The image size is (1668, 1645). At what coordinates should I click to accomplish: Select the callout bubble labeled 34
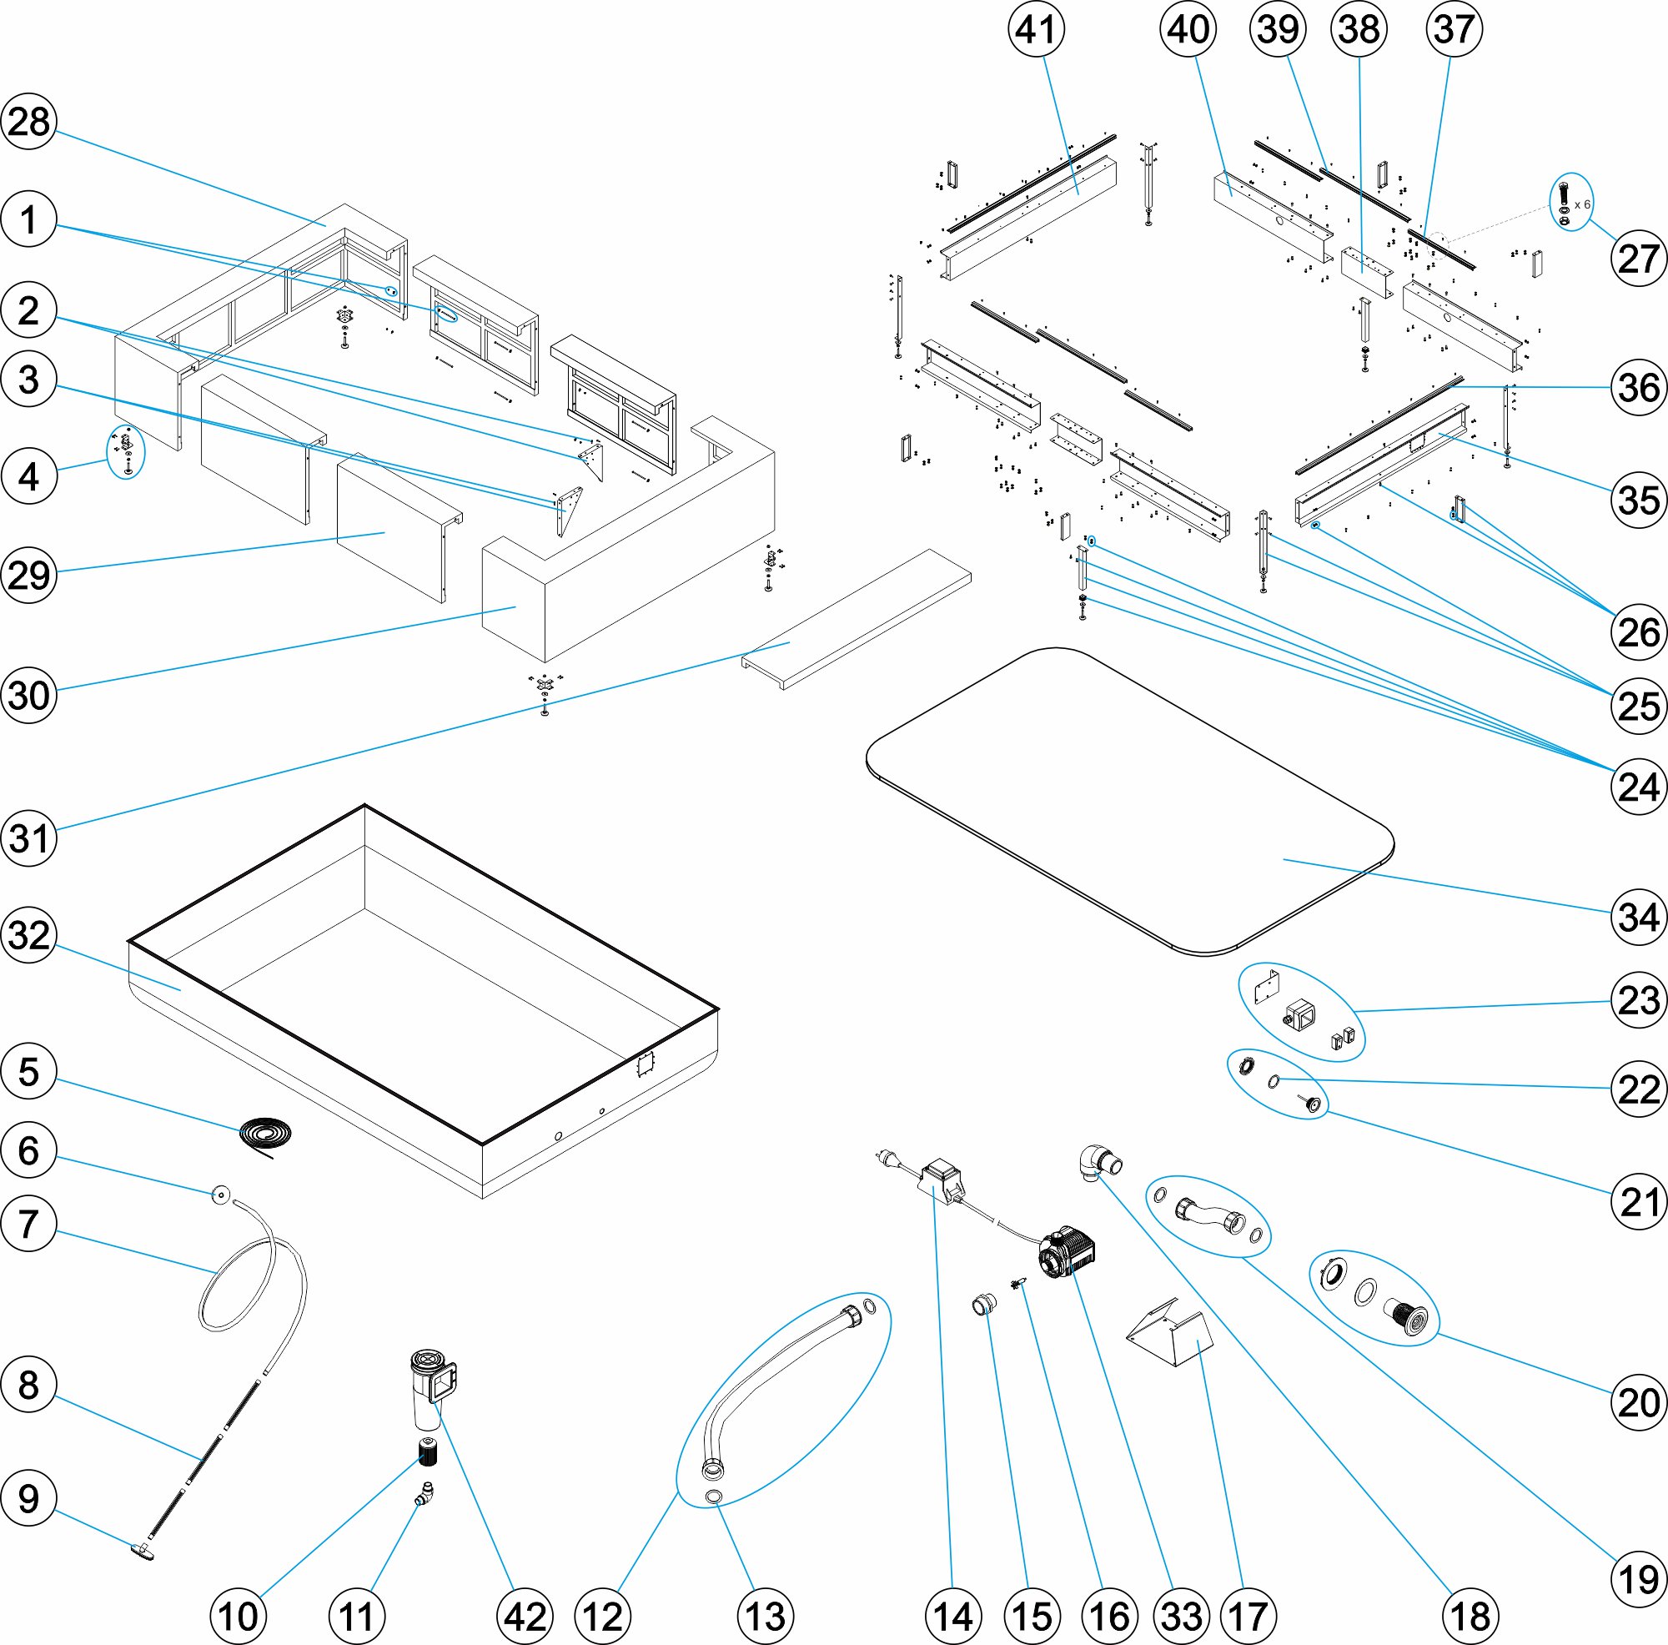1639,917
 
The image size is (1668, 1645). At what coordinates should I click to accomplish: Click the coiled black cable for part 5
265,1133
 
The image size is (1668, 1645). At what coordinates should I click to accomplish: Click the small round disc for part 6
221,1196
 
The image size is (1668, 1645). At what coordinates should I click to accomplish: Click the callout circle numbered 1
29,219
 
